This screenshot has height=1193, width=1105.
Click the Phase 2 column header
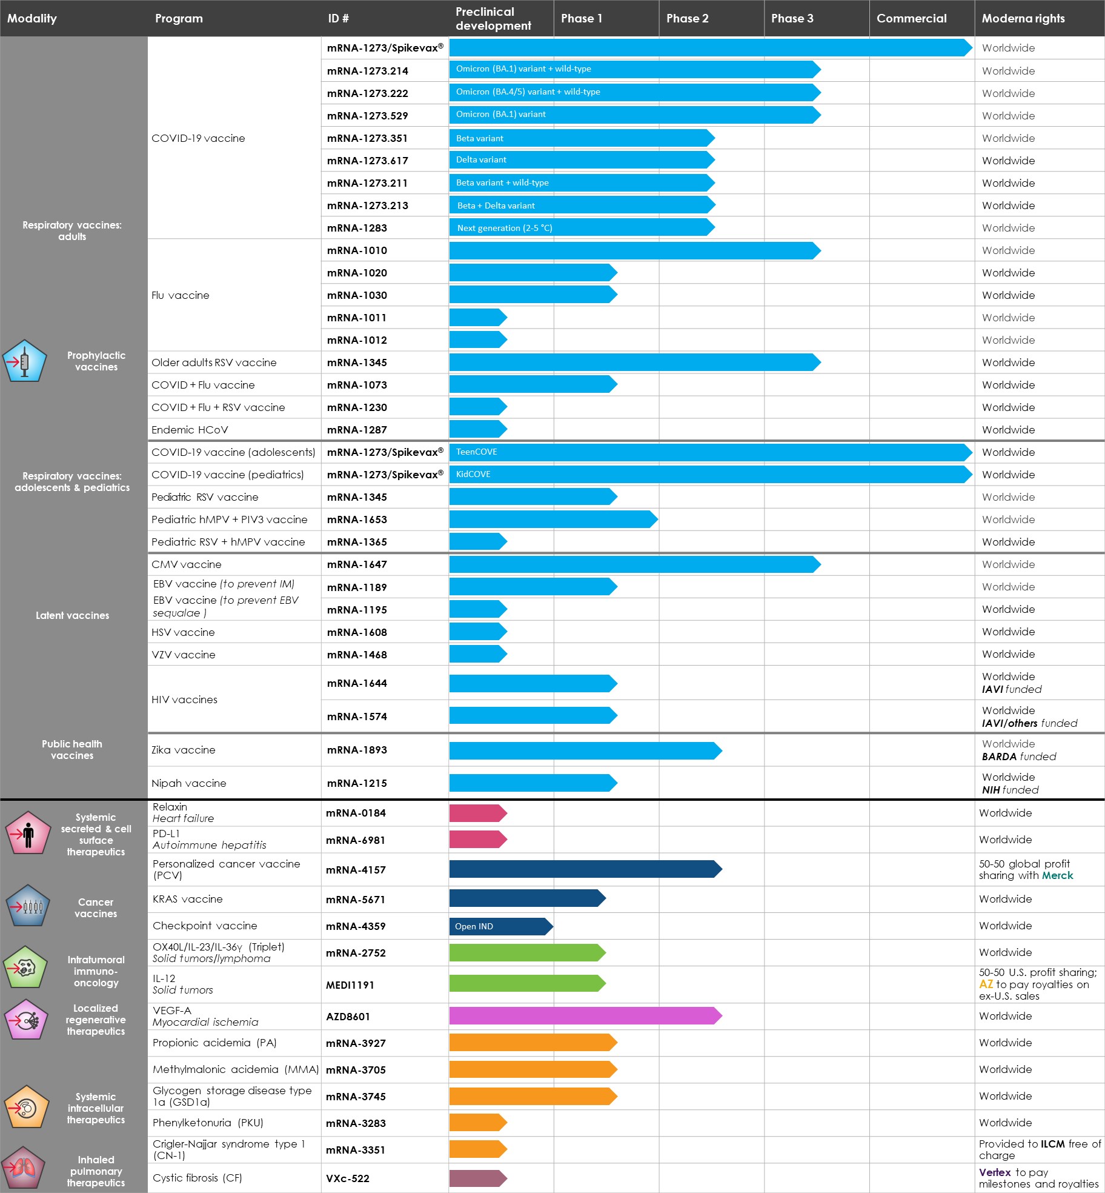click(687, 18)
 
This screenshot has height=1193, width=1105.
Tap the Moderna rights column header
click(1023, 18)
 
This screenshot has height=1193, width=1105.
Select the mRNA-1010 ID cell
click(357, 250)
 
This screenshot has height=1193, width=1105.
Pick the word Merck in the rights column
click(1057, 875)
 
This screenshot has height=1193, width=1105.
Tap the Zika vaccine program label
click(184, 750)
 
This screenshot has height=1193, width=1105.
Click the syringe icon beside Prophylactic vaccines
click(24, 361)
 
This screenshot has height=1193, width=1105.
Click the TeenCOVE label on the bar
click(476, 452)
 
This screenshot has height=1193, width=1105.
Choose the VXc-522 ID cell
click(348, 1178)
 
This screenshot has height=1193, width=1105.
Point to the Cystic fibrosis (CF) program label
click(197, 1178)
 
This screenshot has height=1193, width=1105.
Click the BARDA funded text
click(1018, 757)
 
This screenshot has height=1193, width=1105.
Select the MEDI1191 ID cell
click(350, 985)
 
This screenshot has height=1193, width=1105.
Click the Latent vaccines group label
click(72, 615)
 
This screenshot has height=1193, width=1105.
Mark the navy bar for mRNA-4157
click(585, 869)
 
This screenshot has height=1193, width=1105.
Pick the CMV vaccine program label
click(187, 564)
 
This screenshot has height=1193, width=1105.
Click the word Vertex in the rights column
click(995, 1172)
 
